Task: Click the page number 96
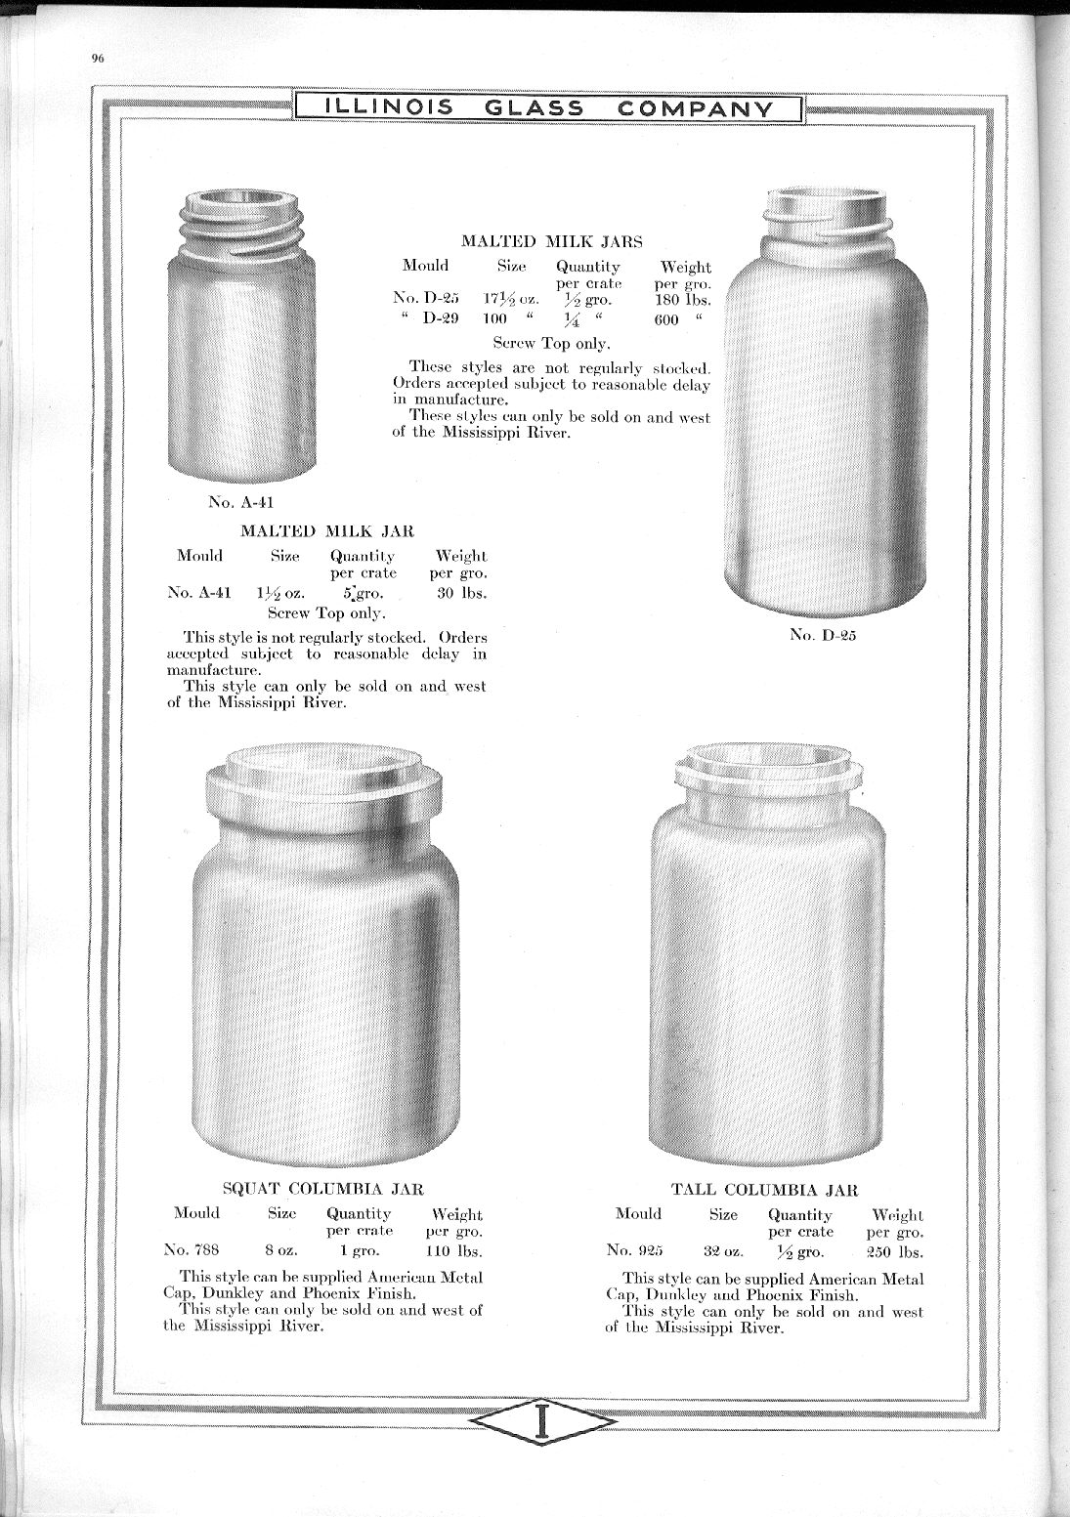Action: [97, 58]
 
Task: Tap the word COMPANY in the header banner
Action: [696, 107]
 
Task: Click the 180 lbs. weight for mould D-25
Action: [683, 300]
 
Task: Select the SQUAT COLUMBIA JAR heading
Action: [322, 1189]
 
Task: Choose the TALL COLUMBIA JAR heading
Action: [764, 1190]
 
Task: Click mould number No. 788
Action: [192, 1250]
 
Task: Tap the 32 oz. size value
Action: [723, 1250]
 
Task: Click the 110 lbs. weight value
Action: [455, 1250]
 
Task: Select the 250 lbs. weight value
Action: [895, 1250]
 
